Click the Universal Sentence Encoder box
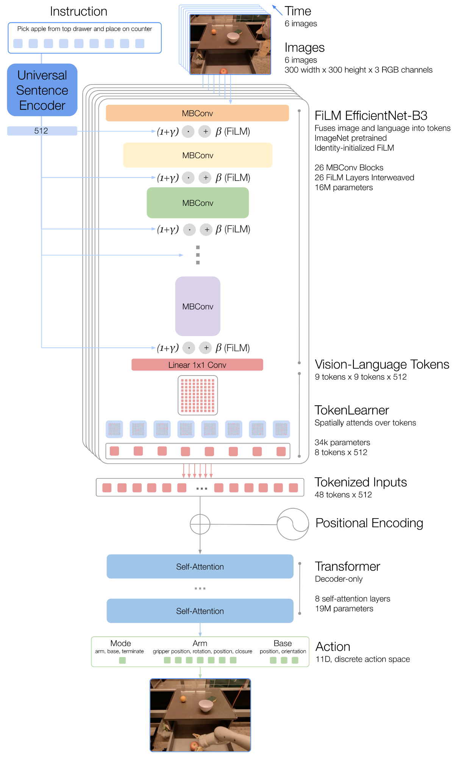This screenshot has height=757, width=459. click(x=42, y=90)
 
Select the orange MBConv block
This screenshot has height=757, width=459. click(x=197, y=113)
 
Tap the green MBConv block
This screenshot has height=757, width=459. click(x=198, y=203)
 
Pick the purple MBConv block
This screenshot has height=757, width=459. click(x=198, y=306)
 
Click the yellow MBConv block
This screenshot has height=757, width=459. click(x=198, y=155)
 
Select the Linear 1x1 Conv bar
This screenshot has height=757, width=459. click(x=197, y=365)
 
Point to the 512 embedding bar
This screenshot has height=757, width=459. click(x=42, y=131)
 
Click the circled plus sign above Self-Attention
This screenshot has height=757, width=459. click(x=200, y=524)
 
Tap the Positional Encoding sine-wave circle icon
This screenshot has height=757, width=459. click(x=293, y=524)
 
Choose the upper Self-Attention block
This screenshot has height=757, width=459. click(x=200, y=567)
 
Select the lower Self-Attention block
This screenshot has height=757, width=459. click(x=200, y=611)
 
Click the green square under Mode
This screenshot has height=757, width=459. click(x=122, y=660)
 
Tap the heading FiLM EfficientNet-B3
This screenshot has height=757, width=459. click(x=371, y=115)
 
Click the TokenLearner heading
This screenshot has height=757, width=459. click(x=352, y=410)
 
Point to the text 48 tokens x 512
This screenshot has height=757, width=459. click(x=343, y=495)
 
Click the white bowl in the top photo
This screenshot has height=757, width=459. click(x=233, y=37)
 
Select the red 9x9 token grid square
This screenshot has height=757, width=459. click(x=198, y=395)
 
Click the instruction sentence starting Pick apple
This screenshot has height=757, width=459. click(x=84, y=29)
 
